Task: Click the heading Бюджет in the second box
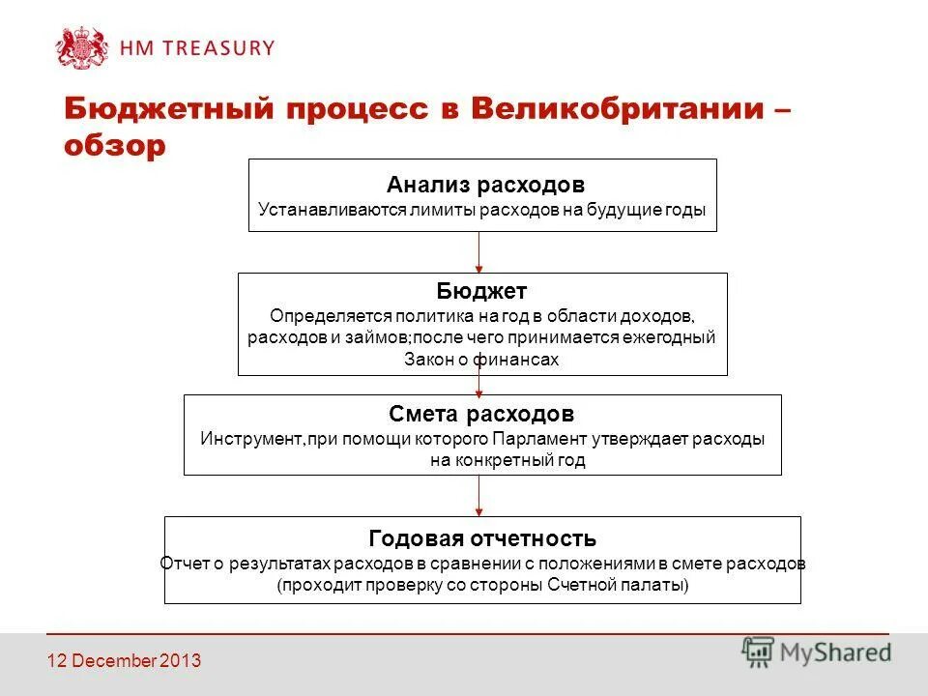click(481, 292)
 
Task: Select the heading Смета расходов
click(481, 415)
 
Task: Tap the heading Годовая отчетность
click(482, 538)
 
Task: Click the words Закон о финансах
click(481, 360)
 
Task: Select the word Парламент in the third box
click(537, 439)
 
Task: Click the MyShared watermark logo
click(816, 652)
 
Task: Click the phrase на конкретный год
click(507, 461)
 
